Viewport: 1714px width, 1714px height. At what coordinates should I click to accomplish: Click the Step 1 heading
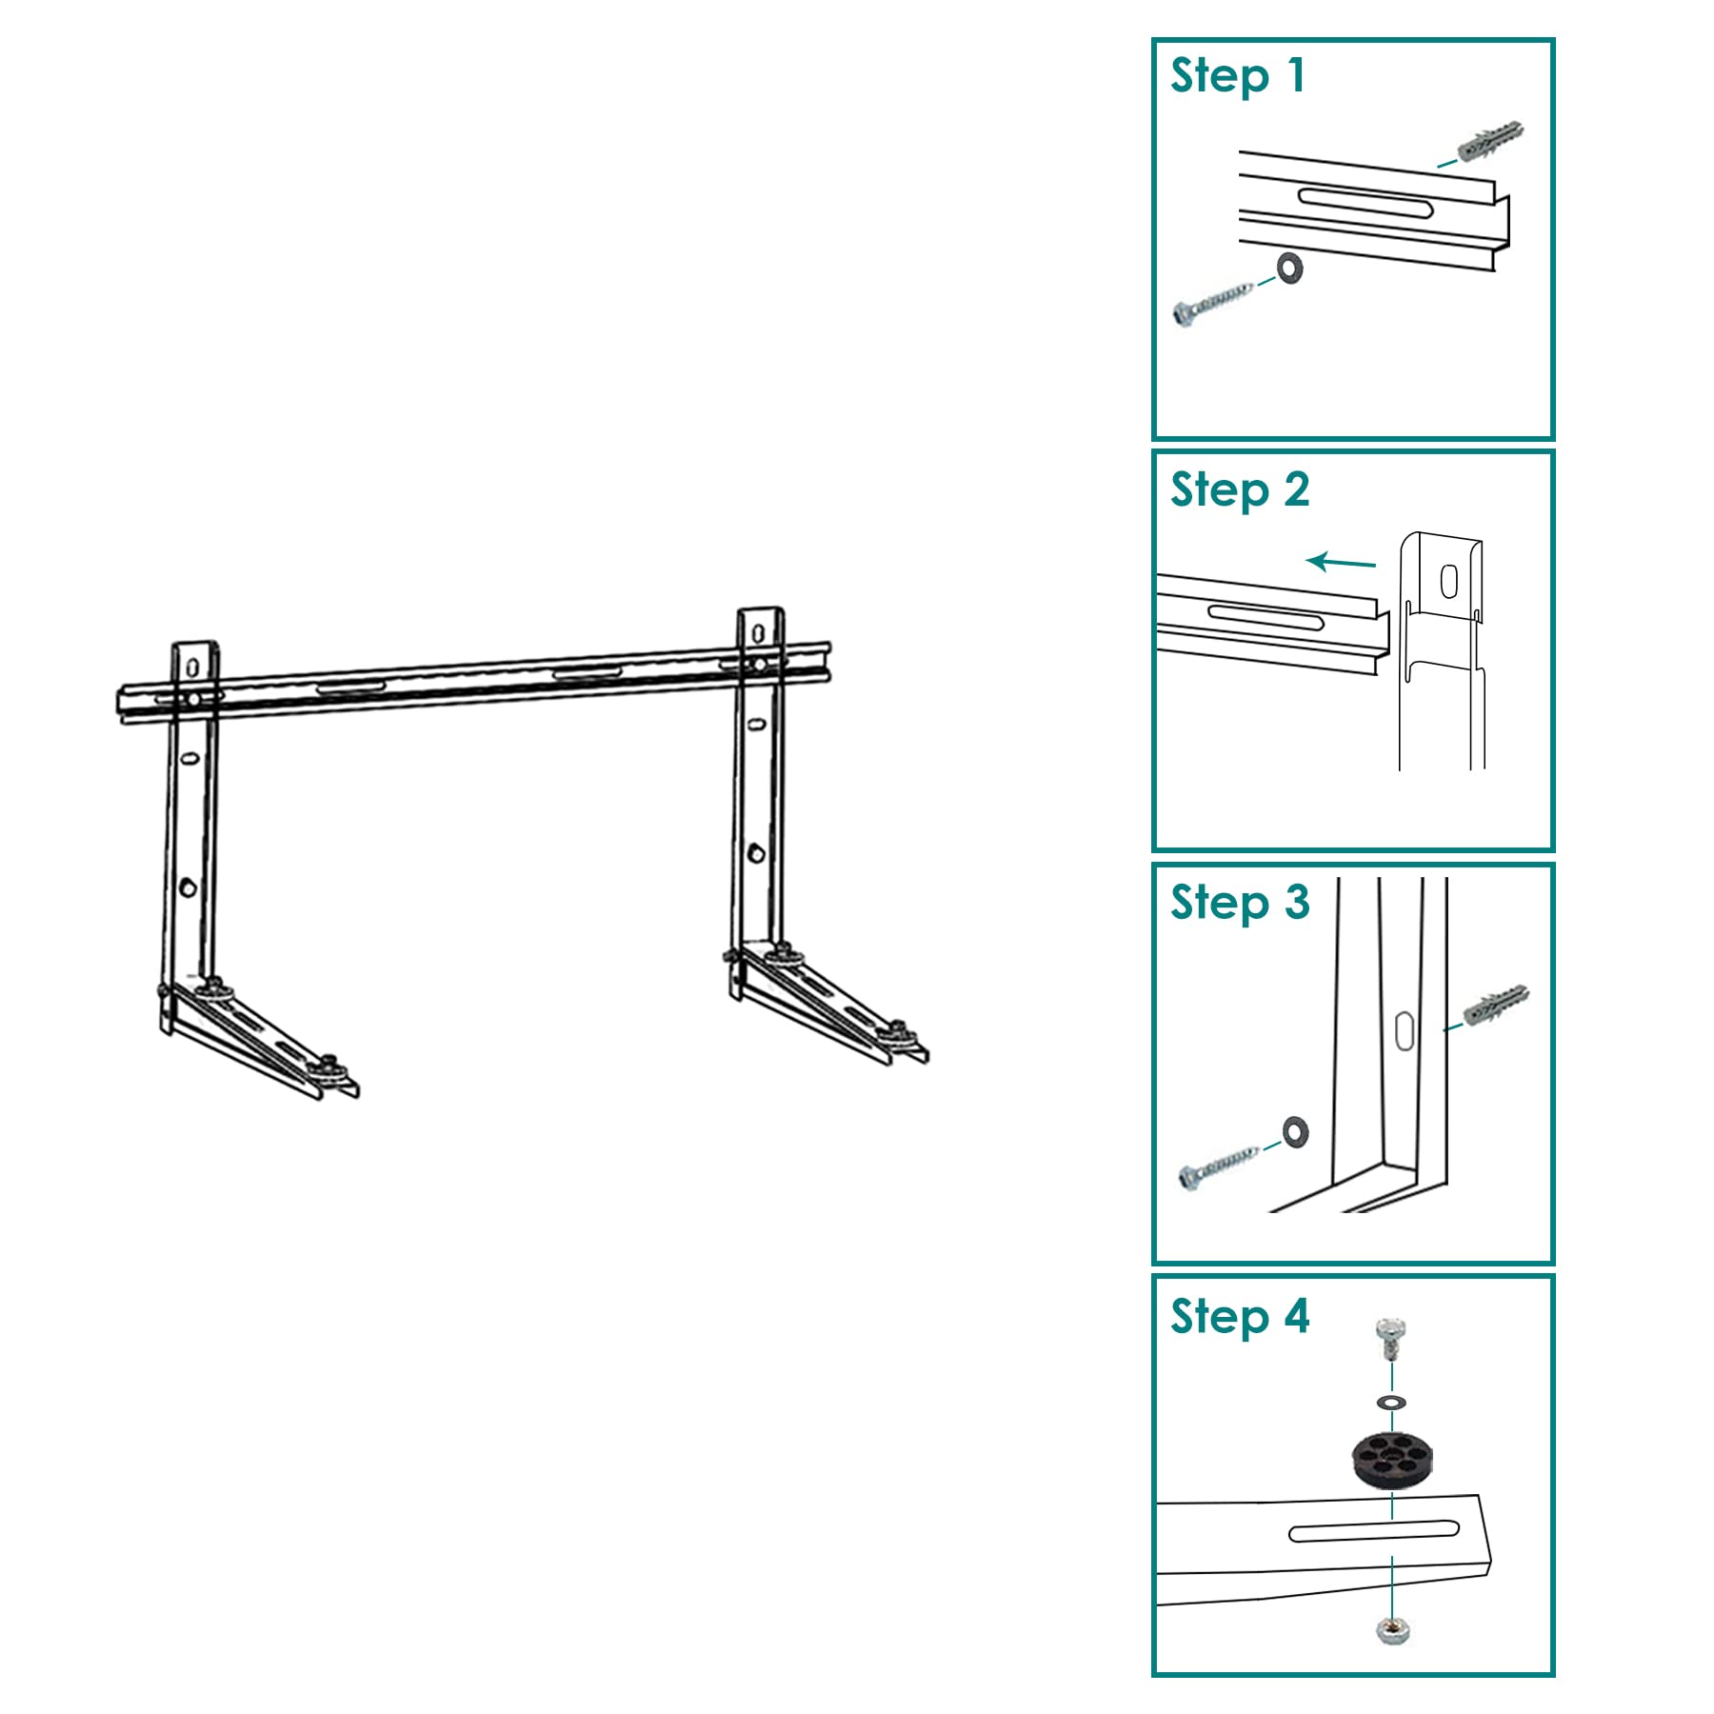pyautogui.click(x=1237, y=76)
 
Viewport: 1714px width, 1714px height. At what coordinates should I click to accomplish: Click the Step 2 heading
pyautogui.click(x=1240, y=489)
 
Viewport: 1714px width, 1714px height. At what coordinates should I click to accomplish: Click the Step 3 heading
pyautogui.click(x=1240, y=902)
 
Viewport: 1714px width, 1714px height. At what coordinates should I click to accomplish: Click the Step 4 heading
pyautogui.click(x=1240, y=1316)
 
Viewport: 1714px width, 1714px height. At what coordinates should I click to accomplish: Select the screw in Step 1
pyautogui.click(x=1213, y=301)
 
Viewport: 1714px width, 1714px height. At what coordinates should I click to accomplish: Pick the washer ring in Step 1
pyautogui.click(x=1290, y=269)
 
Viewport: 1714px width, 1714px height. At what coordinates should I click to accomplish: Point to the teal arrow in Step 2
pyautogui.click(x=1341, y=563)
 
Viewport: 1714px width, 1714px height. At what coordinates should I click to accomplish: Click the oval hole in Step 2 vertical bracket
pyautogui.click(x=1448, y=581)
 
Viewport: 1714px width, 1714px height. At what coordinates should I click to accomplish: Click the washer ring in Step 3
pyautogui.click(x=1295, y=1131)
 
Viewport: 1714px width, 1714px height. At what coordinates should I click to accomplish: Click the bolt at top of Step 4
pyautogui.click(x=1391, y=1338)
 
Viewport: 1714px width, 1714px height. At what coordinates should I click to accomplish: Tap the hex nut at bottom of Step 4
pyautogui.click(x=1392, y=1631)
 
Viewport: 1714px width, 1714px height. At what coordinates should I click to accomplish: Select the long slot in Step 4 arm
pyautogui.click(x=1373, y=1530)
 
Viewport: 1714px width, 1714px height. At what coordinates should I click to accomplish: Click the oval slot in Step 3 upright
pyautogui.click(x=1405, y=1031)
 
